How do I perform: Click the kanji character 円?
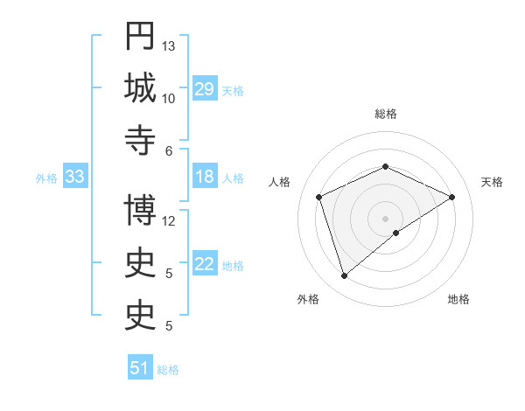(140, 38)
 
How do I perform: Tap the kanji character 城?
(140, 89)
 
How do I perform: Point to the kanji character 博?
(140, 211)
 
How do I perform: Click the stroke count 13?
(169, 45)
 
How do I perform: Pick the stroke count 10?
(169, 98)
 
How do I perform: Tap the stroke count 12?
(169, 220)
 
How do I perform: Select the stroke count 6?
(169, 150)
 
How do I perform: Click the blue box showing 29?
(204, 89)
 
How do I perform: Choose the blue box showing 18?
(204, 177)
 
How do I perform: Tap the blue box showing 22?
(204, 264)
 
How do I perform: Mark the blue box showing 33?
(74, 177)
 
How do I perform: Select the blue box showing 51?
(140, 368)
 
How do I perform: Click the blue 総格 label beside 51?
(168, 370)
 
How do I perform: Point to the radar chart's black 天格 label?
(492, 182)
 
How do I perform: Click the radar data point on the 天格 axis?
(452, 197)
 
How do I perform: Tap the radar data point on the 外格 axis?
(344, 276)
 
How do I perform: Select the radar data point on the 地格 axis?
(396, 233)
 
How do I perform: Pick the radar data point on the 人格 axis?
(319, 197)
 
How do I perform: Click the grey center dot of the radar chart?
(385, 218)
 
